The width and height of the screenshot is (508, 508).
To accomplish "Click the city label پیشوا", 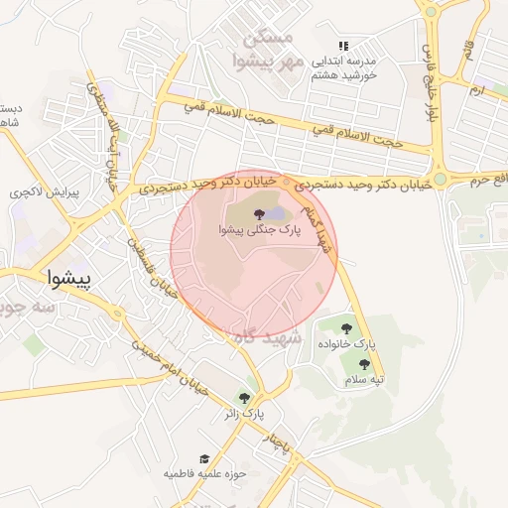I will pos(68,279).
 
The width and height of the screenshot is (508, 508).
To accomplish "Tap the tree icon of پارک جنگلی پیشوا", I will pos(257,213).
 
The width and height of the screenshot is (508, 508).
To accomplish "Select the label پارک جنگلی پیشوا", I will pos(257,230).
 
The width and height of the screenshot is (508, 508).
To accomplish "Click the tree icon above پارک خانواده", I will pos(346,328).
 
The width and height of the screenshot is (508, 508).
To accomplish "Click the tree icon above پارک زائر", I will pos(244,398).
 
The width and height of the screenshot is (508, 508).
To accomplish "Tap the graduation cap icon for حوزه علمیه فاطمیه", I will pos(204,459).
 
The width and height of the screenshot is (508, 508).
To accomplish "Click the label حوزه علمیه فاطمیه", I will pos(204,474).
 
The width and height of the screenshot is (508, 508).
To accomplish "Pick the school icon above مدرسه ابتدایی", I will pos(343,46).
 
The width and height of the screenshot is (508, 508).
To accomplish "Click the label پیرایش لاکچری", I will pos(34,190).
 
